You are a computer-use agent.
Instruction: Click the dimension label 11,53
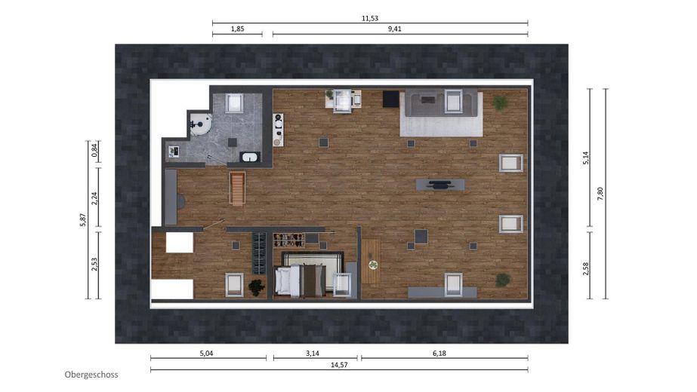pyautogui.click(x=370, y=18)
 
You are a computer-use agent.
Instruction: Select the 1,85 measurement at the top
pyautogui.click(x=237, y=29)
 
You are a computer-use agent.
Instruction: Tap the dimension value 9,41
pyautogui.click(x=395, y=29)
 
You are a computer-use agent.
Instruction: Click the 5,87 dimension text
pyautogui.click(x=82, y=220)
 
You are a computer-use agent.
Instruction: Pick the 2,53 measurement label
pyautogui.click(x=94, y=265)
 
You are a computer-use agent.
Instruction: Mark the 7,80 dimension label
pyautogui.click(x=600, y=194)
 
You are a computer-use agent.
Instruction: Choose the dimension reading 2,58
pyautogui.click(x=585, y=269)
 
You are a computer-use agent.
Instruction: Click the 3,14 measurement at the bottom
pyautogui.click(x=313, y=354)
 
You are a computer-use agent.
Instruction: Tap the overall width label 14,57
pyautogui.click(x=339, y=365)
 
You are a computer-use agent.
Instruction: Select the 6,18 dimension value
pyautogui.click(x=439, y=354)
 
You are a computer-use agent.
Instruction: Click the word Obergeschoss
pyautogui.click(x=91, y=375)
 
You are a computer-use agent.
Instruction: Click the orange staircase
pyautogui.click(x=237, y=188)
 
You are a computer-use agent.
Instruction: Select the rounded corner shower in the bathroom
pyautogui.click(x=200, y=124)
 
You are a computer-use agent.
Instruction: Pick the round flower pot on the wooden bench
pyautogui.click(x=373, y=265)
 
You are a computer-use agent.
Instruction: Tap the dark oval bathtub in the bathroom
pyautogui.click(x=250, y=157)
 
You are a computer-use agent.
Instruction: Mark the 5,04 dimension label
pyautogui.click(x=207, y=354)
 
